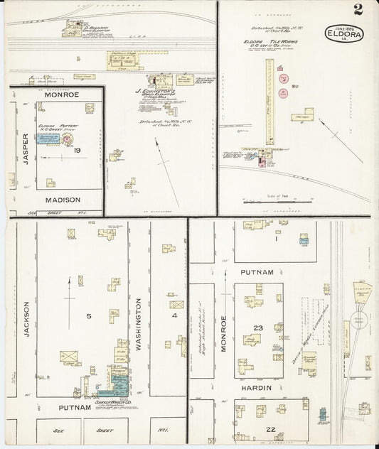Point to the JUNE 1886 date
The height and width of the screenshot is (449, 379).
[x=343, y=26]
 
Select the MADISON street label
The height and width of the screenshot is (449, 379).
[x=63, y=200]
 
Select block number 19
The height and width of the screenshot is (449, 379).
[x=77, y=150]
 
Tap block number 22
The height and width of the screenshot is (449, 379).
[x=271, y=429]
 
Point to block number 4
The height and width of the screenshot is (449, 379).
[x=174, y=315]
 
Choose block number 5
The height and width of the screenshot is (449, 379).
[x=89, y=315]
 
